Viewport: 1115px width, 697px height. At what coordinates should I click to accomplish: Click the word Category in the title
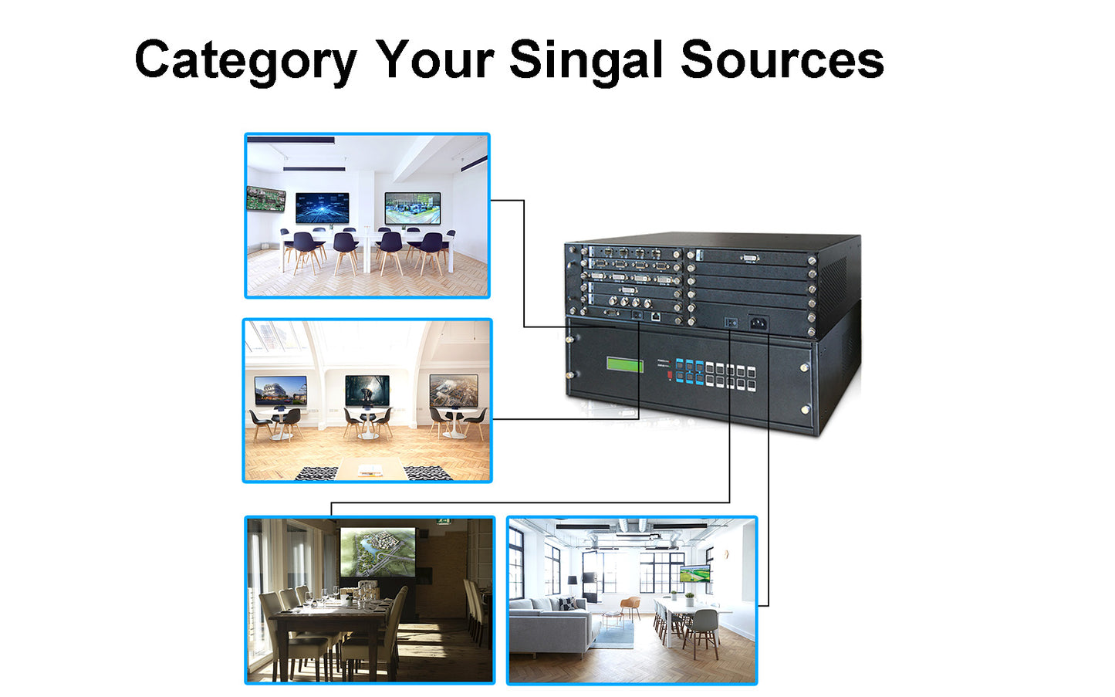[245, 60]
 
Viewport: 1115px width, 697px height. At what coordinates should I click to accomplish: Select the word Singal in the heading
[586, 60]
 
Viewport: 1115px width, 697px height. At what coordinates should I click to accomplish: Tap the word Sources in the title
[782, 60]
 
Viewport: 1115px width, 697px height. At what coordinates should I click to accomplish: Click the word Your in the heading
[434, 60]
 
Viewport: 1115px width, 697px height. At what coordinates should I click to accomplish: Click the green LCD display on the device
[624, 364]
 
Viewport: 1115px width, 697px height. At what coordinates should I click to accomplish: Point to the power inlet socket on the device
[758, 323]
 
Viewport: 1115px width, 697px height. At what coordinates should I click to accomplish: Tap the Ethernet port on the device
[654, 316]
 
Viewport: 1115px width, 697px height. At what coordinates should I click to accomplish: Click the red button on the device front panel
[669, 376]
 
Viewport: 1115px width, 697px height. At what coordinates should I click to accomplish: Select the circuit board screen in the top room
[265, 198]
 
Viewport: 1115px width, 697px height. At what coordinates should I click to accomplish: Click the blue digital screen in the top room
[322, 208]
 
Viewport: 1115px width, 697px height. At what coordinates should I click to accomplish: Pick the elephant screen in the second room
[367, 390]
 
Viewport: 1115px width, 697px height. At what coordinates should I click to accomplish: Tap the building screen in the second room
[280, 391]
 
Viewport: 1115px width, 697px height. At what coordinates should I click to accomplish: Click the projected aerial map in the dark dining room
[377, 551]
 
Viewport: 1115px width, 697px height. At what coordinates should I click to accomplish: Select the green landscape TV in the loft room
[694, 574]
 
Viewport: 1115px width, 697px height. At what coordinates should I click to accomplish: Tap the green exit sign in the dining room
[442, 521]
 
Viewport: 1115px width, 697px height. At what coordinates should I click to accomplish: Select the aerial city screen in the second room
[454, 390]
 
